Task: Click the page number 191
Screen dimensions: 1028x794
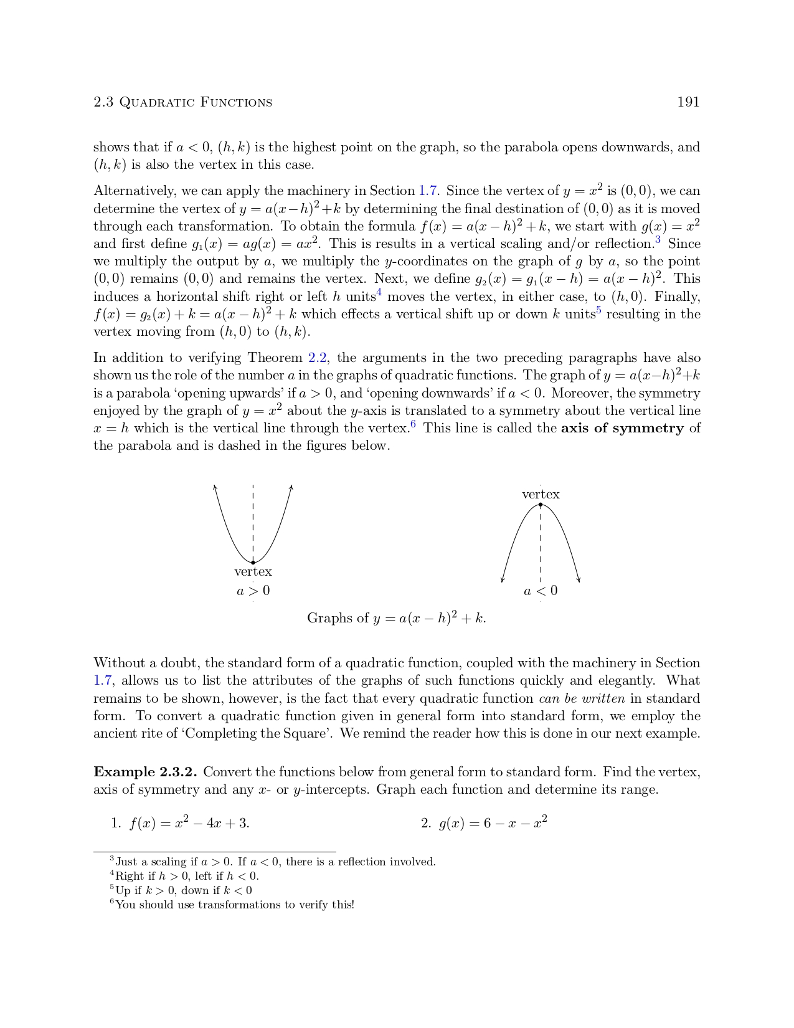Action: [688, 102]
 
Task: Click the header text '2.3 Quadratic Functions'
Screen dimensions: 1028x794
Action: [182, 102]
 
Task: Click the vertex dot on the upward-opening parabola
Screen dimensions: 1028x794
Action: [253, 563]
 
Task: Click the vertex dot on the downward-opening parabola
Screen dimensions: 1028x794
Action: [541, 505]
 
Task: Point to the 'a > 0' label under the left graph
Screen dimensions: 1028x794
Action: [253, 591]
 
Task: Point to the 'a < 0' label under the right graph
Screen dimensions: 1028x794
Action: [541, 591]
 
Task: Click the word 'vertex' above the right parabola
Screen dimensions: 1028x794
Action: [541, 494]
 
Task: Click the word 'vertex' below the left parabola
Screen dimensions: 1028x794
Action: [253, 571]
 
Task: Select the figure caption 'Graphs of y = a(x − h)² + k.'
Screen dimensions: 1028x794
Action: [397, 618]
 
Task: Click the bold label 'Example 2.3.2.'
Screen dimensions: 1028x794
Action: [145, 772]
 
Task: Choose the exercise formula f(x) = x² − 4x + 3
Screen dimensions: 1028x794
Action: [189, 823]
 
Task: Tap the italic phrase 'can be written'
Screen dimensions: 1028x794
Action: [582, 698]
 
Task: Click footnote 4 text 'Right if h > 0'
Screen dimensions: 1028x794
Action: [187, 876]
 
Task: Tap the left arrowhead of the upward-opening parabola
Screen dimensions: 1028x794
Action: [215, 487]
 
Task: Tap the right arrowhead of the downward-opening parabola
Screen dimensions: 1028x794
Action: [579, 580]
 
